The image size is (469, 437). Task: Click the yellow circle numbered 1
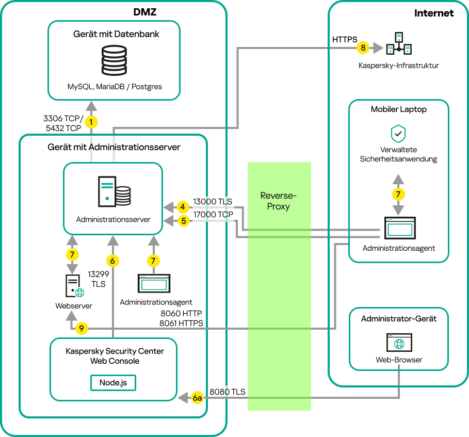[91, 122]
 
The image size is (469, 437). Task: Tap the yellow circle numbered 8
[363, 48]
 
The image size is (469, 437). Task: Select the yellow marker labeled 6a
[197, 398]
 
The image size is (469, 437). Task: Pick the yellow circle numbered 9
[82, 328]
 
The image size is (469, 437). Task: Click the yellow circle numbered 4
[182, 207]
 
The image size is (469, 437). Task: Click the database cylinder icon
[114, 61]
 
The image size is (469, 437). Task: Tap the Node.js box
[114, 383]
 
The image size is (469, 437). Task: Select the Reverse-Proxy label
[279, 201]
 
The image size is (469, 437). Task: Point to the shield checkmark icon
[398, 133]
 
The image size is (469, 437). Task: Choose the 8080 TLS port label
[227, 392]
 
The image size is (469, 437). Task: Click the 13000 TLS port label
[213, 202]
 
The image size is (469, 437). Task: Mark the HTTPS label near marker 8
[345, 39]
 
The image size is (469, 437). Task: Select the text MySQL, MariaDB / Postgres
[115, 87]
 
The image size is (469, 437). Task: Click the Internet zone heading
[434, 13]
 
